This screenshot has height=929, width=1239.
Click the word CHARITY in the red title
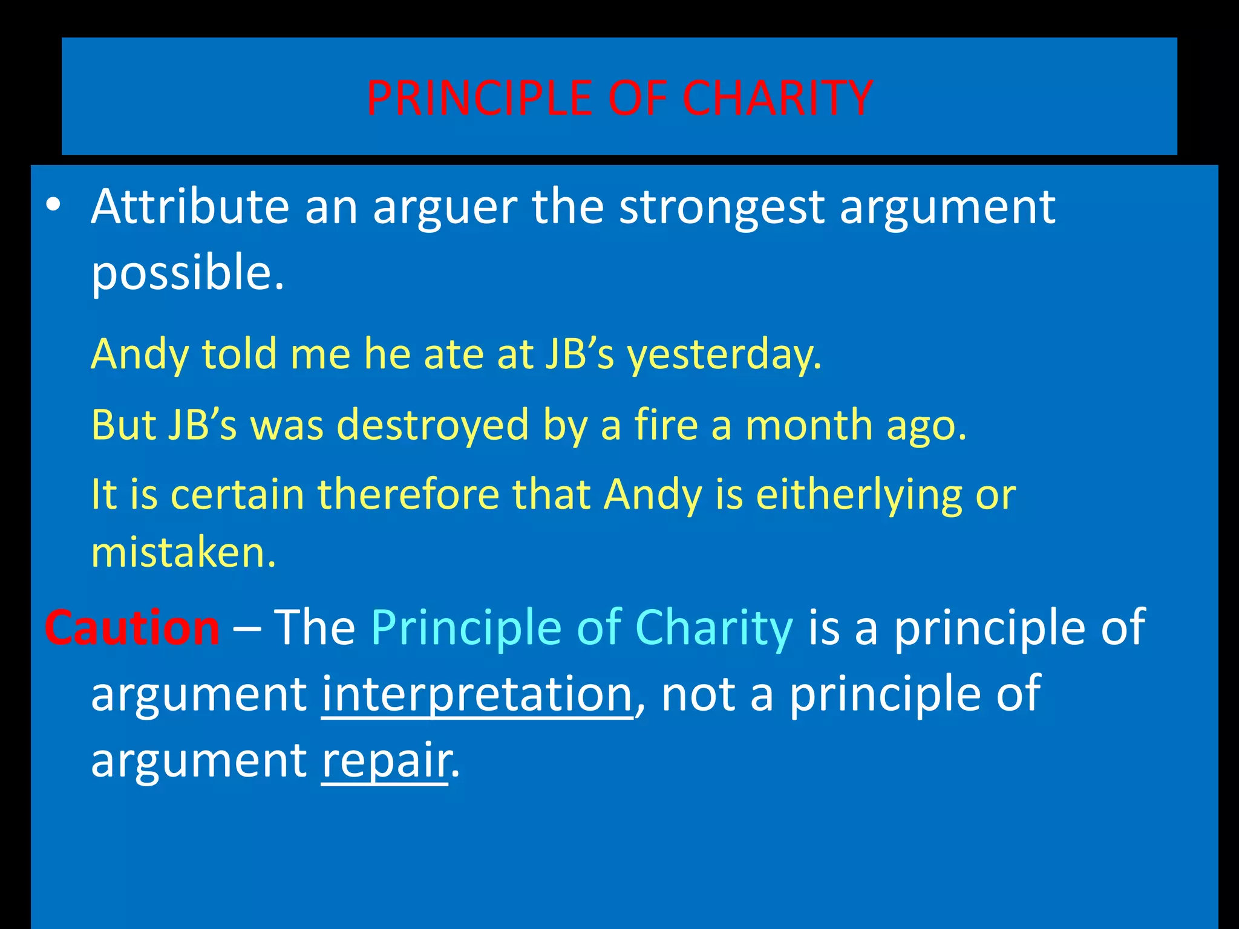click(777, 98)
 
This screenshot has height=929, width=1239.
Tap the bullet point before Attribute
click(53, 206)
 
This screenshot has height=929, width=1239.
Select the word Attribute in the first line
click(190, 207)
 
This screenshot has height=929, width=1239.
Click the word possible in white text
click(187, 273)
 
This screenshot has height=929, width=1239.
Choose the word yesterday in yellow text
click(724, 354)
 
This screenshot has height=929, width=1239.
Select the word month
click(809, 425)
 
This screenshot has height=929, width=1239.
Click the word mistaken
click(183, 553)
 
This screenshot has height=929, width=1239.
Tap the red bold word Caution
click(132, 628)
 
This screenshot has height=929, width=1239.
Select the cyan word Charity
click(714, 628)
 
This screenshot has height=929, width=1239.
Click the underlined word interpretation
click(477, 694)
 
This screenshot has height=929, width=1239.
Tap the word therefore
click(408, 495)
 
